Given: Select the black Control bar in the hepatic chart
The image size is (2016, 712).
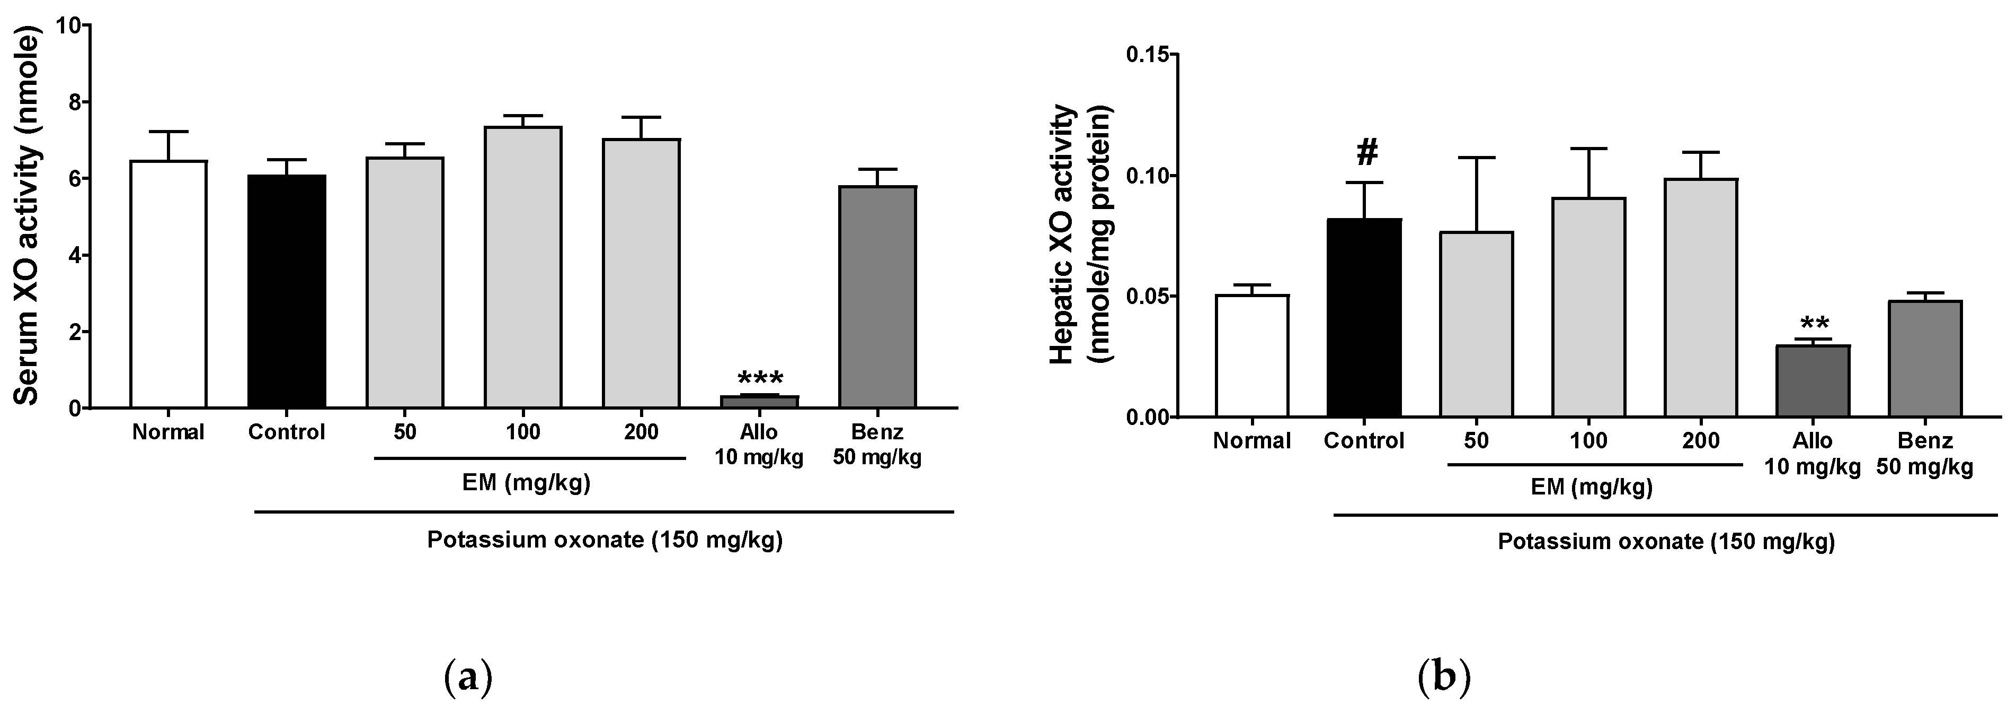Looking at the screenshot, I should [x=1364, y=317].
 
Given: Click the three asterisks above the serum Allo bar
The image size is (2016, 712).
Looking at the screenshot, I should [x=759, y=378].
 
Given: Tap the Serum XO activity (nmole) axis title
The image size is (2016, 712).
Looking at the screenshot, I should [x=28, y=215].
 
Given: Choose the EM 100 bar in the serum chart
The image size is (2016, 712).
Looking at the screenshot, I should [x=523, y=266].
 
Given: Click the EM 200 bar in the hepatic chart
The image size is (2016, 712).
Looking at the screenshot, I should [x=1701, y=298].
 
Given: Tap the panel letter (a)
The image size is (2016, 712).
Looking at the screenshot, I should [x=467, y=676].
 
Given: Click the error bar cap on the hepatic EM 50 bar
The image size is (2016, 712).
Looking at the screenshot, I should [x=1476, y=158].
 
